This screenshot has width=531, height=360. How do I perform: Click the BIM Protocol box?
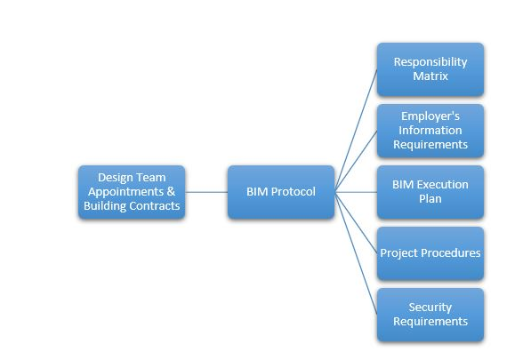(x=281, y=192)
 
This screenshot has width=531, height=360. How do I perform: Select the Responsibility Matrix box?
(x=430, y=69)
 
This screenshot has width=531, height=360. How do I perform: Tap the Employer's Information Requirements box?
(x=430, y=131)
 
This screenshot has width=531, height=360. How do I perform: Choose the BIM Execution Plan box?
(x=430, y=192)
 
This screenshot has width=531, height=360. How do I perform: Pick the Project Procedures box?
(x=430, y=253)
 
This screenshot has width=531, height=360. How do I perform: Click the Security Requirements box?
(x=430, y=315)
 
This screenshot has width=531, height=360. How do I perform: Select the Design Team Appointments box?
(x=132, y=192)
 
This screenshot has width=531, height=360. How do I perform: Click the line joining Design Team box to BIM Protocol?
(x=206, y=192)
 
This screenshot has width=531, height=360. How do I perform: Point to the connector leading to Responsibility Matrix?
(x=356, y=131)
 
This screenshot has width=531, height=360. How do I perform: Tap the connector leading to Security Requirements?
(x=356, y=253)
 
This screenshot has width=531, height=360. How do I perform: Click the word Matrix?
(x=430, y=76)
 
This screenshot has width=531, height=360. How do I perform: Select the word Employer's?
(x=430, y=116)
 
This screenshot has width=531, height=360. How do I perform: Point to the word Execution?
(x=443, y=185)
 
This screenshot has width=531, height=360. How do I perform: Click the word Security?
(x=430, y=308)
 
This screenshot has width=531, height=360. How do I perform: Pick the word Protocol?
(x=294, y=192)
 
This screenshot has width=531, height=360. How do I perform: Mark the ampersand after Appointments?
(x=171, y=191)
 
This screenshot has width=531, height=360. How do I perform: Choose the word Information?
(x=430, y=131)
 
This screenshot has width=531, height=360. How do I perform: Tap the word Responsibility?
(x=430, y=62)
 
